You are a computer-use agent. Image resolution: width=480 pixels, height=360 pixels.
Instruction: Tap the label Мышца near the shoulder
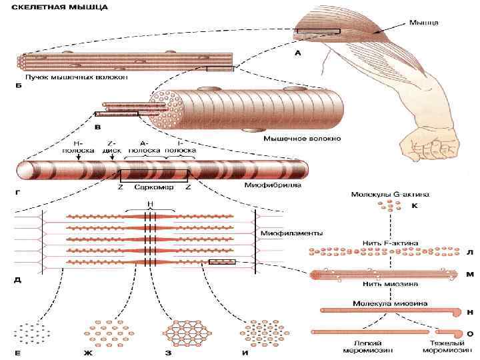coord(423,23)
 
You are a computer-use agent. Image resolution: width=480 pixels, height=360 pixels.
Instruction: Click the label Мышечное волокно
coord(293,139)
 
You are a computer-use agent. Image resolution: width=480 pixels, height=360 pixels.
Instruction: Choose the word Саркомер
coord(154,187)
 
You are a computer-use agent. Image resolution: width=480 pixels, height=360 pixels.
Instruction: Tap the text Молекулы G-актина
coord(389,195)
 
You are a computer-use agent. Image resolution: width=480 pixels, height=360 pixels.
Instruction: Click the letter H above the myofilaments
coord(151,205)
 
